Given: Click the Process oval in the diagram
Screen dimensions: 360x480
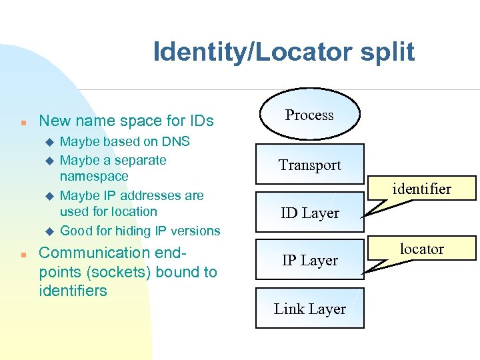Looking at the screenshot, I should (309, 115).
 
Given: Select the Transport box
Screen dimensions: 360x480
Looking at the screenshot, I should (309, 165).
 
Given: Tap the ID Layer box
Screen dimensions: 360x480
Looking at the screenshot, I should (309, 213).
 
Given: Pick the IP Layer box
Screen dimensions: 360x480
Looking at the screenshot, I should (309, 261).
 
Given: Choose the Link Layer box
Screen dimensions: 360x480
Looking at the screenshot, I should (309, 309).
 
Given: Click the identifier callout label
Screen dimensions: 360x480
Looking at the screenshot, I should (422, 189).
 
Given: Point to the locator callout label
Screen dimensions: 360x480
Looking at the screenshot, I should (422, 249).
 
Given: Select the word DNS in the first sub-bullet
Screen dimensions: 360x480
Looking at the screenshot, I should (176, 141).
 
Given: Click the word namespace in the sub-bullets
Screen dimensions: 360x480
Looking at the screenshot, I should (94, 177).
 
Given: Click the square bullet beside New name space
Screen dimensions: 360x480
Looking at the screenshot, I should (23, 123).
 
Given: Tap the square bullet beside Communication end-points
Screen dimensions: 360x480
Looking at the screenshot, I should (23, 255).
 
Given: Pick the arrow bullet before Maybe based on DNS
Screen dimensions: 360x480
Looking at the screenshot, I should (48, 142).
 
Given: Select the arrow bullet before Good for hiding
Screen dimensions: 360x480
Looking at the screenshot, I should (48, 231).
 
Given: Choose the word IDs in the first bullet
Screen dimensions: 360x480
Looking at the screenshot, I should (199, 121).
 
